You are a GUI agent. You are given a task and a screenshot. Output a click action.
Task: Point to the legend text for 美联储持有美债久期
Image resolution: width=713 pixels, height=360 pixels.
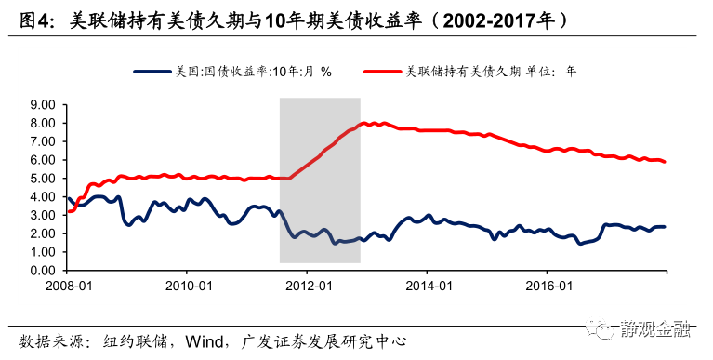493,71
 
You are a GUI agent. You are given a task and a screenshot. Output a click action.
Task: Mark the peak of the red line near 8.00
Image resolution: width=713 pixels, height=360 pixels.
364,123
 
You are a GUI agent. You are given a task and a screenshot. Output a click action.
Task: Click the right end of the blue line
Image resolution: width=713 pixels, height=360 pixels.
665,226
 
